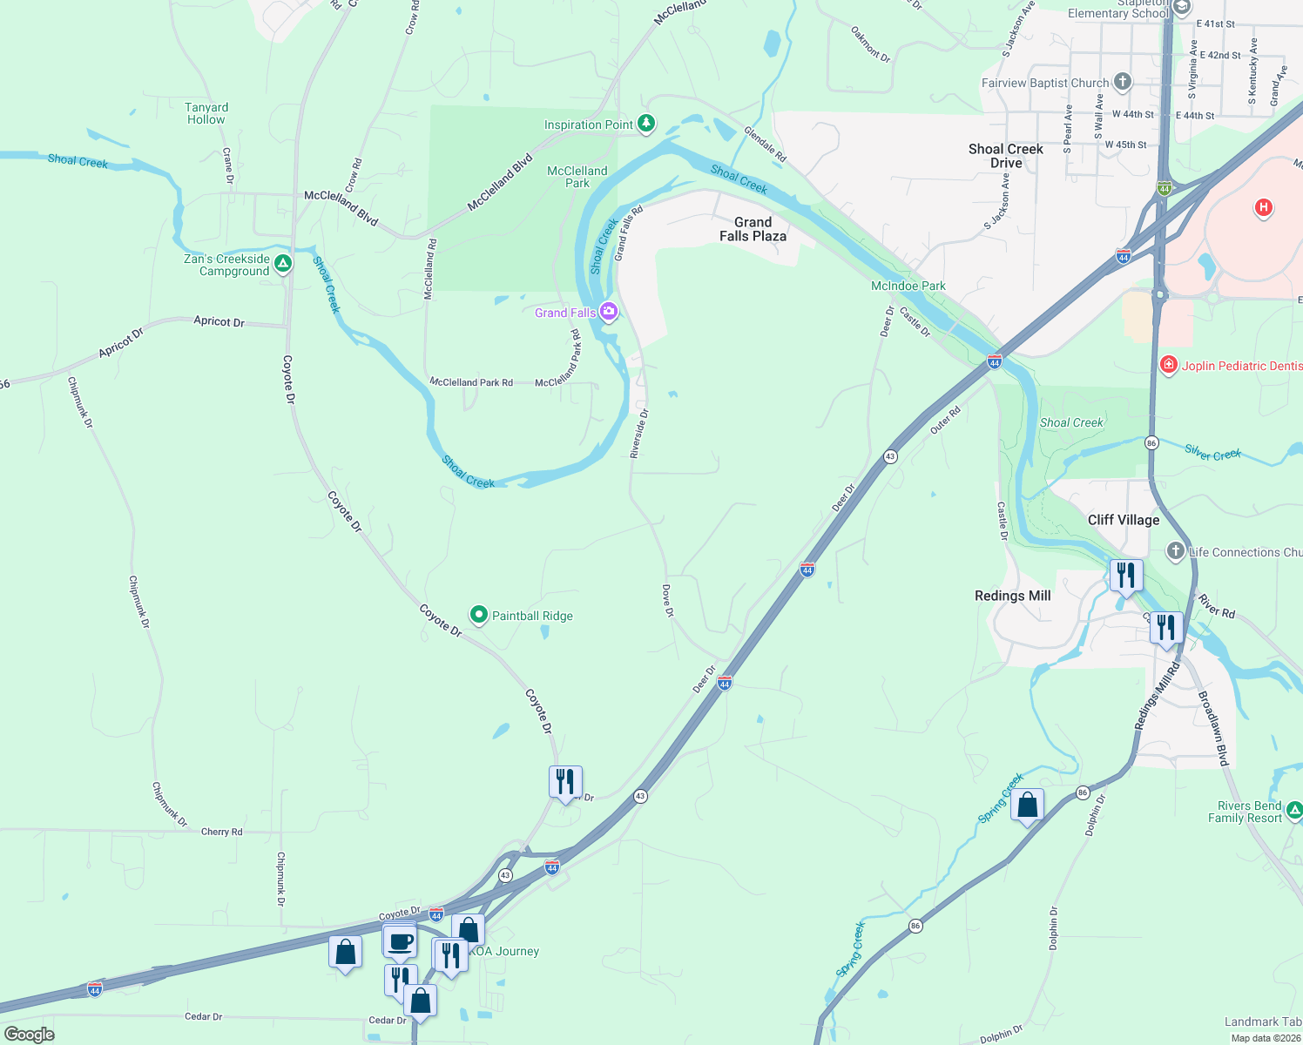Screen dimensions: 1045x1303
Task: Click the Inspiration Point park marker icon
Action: coord(646,124)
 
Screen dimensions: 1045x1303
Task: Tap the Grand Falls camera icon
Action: coord(609,312)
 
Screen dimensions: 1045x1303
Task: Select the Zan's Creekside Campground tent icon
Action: coord(282,263)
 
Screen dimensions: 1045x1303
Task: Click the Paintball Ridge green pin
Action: coord(478,615)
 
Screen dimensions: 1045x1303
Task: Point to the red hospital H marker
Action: coord(1263,207)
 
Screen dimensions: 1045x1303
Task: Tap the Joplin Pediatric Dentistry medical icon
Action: coord(1169,365)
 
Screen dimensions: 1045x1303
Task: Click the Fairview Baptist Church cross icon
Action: coord(1123,82)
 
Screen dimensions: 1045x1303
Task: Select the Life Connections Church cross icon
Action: coord(1176,550)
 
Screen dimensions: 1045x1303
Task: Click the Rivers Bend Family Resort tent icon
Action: coord(1294,811)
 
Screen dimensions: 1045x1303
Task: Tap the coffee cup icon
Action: coord(401,942)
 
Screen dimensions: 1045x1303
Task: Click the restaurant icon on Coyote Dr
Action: coord(565,782)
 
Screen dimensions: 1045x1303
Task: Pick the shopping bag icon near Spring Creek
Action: coord(1028,806)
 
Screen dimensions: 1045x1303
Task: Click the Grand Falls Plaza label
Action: coord(753,229)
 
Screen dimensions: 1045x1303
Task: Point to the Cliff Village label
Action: coord(1124,520)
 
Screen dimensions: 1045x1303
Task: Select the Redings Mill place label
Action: coord(1012,596)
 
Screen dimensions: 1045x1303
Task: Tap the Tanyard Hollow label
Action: coord(206,113)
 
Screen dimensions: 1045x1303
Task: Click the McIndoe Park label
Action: coord(908,286)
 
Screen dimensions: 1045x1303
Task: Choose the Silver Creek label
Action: coord(1212,453)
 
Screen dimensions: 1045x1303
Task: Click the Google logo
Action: coord(30,1034)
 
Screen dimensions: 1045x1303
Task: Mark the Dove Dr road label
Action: coord(667,601)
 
